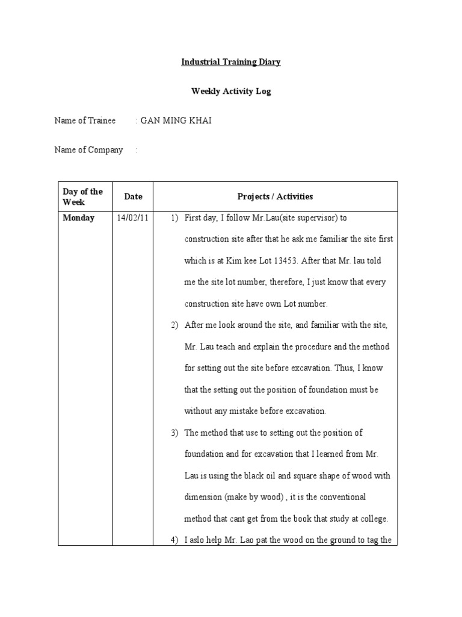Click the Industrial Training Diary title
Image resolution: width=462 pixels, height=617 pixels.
232,62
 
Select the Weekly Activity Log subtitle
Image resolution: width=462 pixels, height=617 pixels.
232,92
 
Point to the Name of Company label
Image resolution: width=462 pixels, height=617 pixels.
88,150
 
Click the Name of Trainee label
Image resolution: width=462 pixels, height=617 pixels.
85,121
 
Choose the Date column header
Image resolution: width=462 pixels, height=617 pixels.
134,196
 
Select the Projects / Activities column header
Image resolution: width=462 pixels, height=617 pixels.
275,196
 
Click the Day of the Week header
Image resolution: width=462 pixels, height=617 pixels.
82,196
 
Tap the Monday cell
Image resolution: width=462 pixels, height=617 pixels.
79,218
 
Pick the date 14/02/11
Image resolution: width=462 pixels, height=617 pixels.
133,218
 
